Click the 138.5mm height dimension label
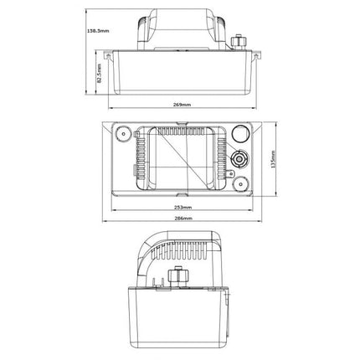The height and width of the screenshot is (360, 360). click(x=98, y=31)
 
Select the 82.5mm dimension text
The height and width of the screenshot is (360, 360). click(x=99, y=74)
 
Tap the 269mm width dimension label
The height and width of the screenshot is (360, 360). click(x=182, y=105)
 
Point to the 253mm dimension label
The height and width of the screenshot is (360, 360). click(x=183, y=208)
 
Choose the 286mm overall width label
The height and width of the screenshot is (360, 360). click(x=183, y=219)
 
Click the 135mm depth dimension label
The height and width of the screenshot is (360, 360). click(x=273, y=159)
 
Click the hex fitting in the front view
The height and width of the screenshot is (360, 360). click(x=238, y=42)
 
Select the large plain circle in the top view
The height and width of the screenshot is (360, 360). click(x=240, y=134)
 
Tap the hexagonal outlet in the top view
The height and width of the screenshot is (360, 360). click(x=239, y=159)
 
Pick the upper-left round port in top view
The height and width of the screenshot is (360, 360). click(x=123, y=134)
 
